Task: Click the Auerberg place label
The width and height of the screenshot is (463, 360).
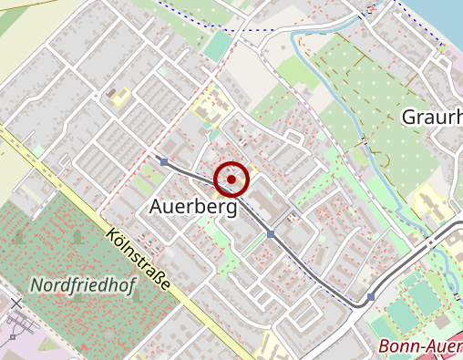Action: click(192, 208)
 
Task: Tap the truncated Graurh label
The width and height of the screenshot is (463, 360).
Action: click(431, 117)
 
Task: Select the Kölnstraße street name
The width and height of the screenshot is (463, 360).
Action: click(138, 259)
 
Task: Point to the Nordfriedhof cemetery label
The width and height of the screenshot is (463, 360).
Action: click(83, 285)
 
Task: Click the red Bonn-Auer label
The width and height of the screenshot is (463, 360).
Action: click(419, 347)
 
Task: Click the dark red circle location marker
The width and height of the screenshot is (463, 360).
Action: click(231, 180)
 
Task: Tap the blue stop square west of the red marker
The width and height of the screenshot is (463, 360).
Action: click(163, 161)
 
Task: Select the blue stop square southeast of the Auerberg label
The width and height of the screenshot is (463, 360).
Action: click(271, 235)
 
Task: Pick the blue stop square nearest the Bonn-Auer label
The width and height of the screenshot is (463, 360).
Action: click(371, 297)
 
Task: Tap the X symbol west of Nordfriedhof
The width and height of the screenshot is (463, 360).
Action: click(15, 302)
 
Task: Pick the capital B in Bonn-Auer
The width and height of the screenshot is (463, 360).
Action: click(385, 347)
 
